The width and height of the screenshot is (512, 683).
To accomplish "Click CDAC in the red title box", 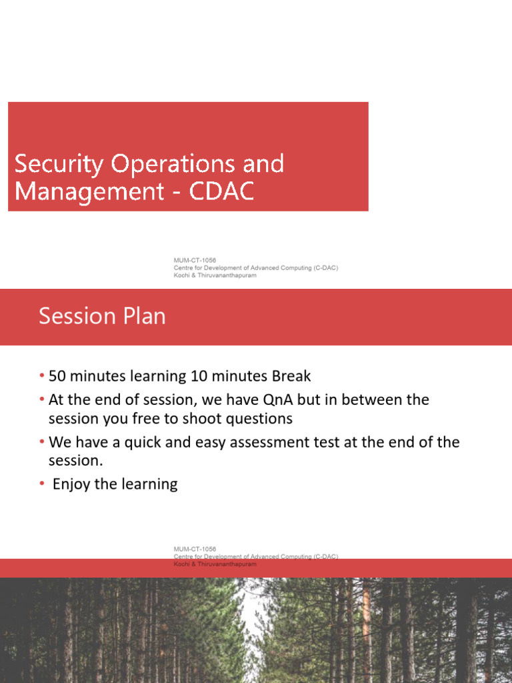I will (x=221, y=191).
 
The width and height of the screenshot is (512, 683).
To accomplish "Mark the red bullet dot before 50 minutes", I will (x=42, y=376).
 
